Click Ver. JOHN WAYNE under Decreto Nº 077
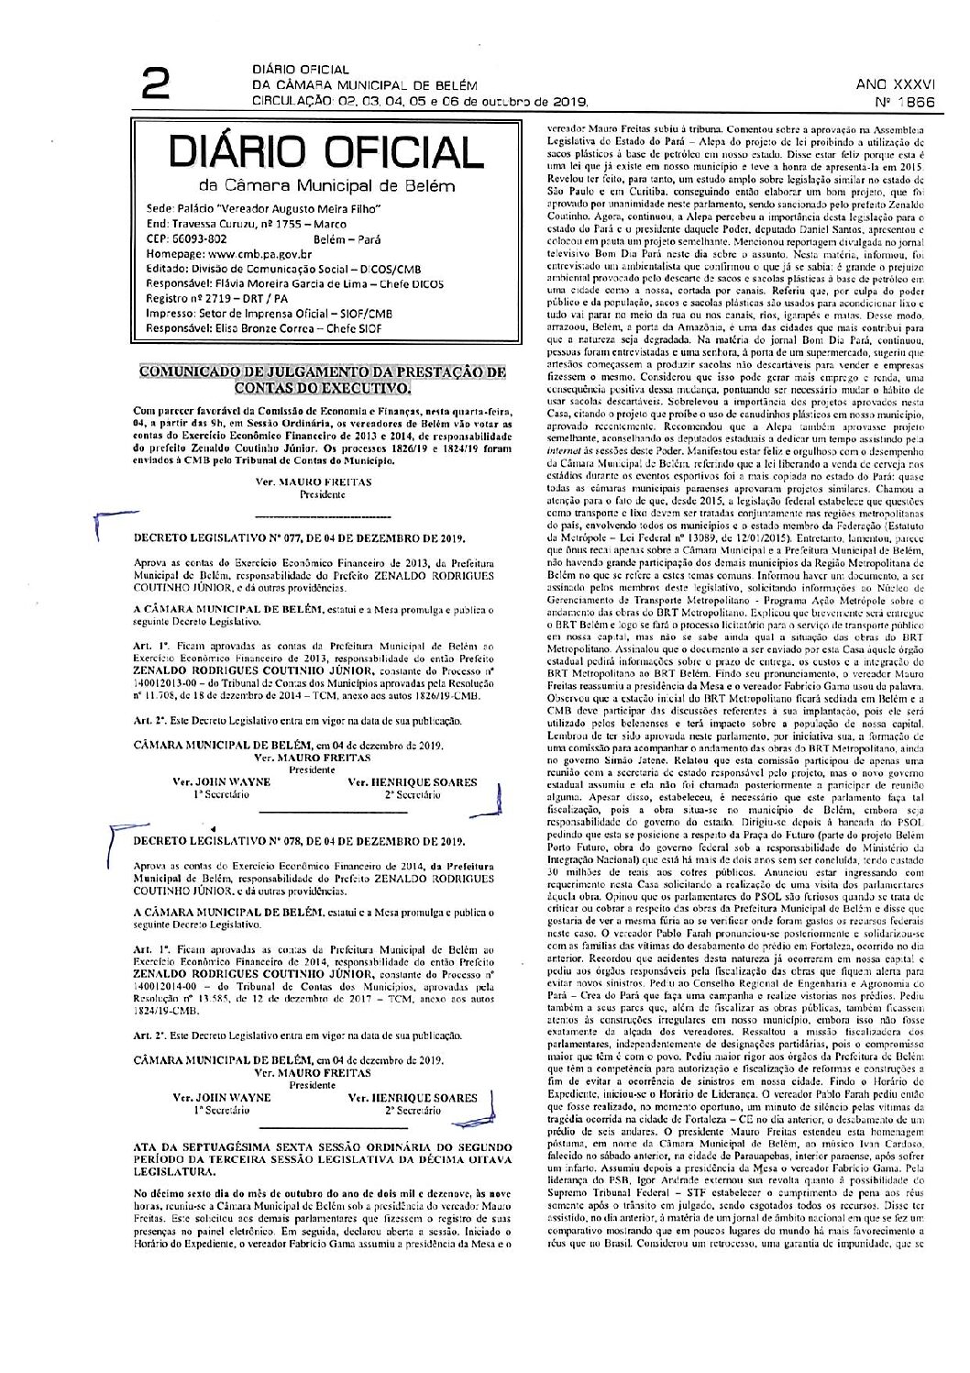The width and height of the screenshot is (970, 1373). pos(222,782)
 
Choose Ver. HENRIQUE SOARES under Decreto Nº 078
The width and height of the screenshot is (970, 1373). pos(413,1097)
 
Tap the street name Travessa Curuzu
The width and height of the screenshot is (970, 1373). pos(214,223)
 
